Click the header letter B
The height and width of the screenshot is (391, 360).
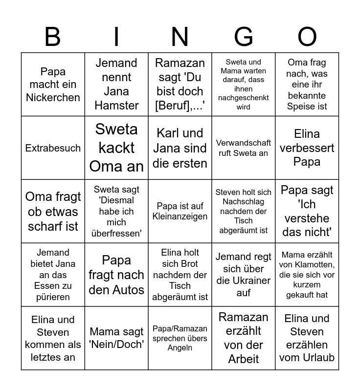(x=53, y=37)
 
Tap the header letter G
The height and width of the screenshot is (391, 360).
(x=244, y=37)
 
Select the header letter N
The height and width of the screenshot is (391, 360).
(x=180, y=37)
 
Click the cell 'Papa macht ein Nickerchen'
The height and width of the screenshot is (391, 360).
(x=53, y=85)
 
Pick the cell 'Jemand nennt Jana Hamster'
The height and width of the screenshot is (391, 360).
(x=116, y=85)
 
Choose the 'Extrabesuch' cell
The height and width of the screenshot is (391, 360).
(x=53, y=148)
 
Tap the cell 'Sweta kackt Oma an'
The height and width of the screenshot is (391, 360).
(x=116, y=148)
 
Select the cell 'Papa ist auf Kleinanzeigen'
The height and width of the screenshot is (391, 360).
(x=180, y=211)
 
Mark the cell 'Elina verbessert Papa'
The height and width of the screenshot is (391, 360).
(x=307, y=148)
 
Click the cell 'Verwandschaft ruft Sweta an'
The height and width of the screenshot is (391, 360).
(x=244, y=148)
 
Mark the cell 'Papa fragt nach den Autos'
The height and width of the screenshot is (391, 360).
(x=116, y=275)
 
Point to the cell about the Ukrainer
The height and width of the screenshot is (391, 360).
(x=244, y=275)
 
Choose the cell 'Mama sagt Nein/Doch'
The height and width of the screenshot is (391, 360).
(x=116, y=338)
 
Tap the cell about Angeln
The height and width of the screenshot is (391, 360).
(x=180, y=338)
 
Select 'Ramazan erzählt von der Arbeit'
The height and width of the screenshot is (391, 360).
(x=244, y=338)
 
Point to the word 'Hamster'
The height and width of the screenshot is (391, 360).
(x=116, y=105)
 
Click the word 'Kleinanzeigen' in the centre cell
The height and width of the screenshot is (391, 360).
(x=180, y=217)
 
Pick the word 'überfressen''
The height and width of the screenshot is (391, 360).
(x=116, y=233)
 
